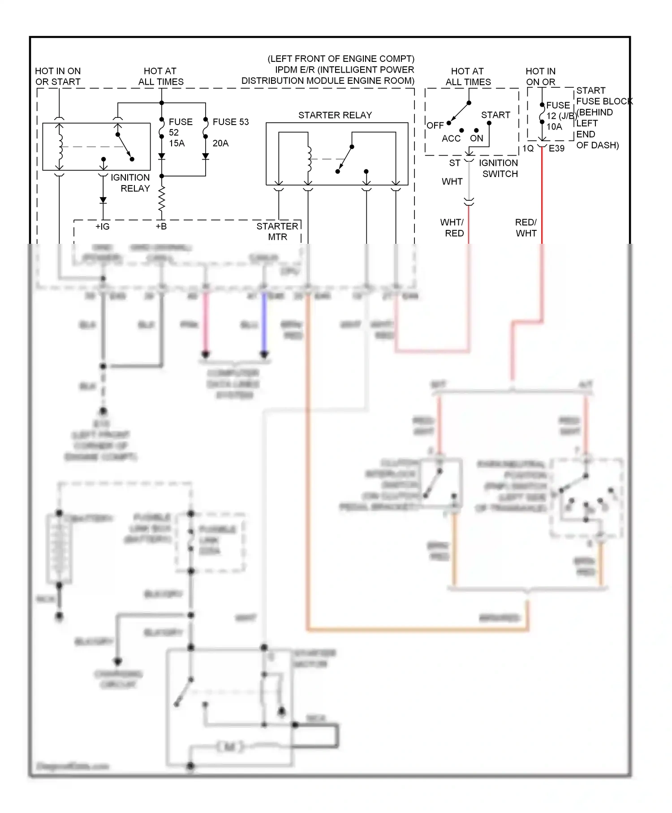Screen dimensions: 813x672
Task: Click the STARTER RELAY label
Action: pos(335,115)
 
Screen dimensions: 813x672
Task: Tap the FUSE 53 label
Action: pos(230,122)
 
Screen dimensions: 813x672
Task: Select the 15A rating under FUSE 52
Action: pos(177,143)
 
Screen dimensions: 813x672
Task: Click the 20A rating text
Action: pos(220,143)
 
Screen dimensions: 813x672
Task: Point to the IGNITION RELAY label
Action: pos(130,183)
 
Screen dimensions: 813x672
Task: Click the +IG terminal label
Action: pos(102,227)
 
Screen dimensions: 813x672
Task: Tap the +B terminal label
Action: pos(161,227)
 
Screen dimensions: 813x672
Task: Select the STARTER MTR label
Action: pos(277,232)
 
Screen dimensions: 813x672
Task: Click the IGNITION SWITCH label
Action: pos(499,169)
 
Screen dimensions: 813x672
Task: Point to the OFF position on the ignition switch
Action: pos(435,125)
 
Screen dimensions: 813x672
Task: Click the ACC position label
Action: pos(451,139)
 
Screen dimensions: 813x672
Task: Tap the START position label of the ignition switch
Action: pos(495,115)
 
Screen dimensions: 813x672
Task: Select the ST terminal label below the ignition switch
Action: pos(455,163)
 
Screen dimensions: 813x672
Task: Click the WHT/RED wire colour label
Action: pos(452,228)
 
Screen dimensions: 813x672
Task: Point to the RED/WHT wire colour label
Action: pos(526,228)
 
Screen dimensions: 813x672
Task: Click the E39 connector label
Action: pos(556,148)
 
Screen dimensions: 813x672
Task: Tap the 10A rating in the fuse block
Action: pos(554,127)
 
